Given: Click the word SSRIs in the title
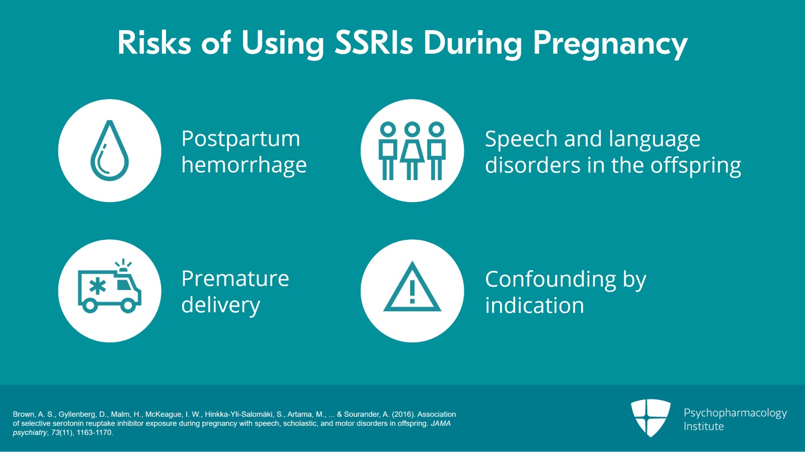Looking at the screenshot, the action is [374, 43].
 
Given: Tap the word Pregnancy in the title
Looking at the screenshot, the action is [610, 45].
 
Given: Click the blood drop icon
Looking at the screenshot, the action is [110, 150].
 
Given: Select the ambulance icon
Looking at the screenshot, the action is [110, 286].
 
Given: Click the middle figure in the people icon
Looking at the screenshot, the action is [412, 151].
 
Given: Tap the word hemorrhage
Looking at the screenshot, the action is [244, 165].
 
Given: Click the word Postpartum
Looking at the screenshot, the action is [241, 139].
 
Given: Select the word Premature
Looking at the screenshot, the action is [235, 279].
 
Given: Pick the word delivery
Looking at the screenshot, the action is [221, 306].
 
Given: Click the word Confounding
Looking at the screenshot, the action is [550, 280].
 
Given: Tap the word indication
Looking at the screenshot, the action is [534, 305].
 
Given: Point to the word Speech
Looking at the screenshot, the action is [521, 139].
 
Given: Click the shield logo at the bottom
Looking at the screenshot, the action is [651, 418].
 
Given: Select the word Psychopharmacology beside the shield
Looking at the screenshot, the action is [735, 413].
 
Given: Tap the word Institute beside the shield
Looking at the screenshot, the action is [704, 426].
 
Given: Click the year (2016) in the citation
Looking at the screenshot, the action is [403, 414].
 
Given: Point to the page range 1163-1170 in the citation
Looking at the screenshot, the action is [95, 432].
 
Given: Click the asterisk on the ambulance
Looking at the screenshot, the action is [98, 286].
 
